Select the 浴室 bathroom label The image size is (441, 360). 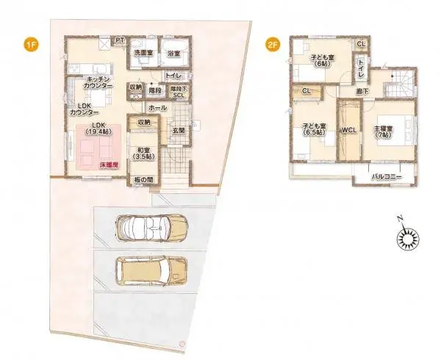coord(173,53)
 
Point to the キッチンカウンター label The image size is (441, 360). coord(99,82)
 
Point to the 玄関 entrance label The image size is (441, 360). coord(179,131)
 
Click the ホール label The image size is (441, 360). coord(157,108)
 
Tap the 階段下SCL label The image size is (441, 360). coord(178,91)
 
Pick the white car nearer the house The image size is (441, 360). coord(152,228)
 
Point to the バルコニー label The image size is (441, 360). coord(387,177)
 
